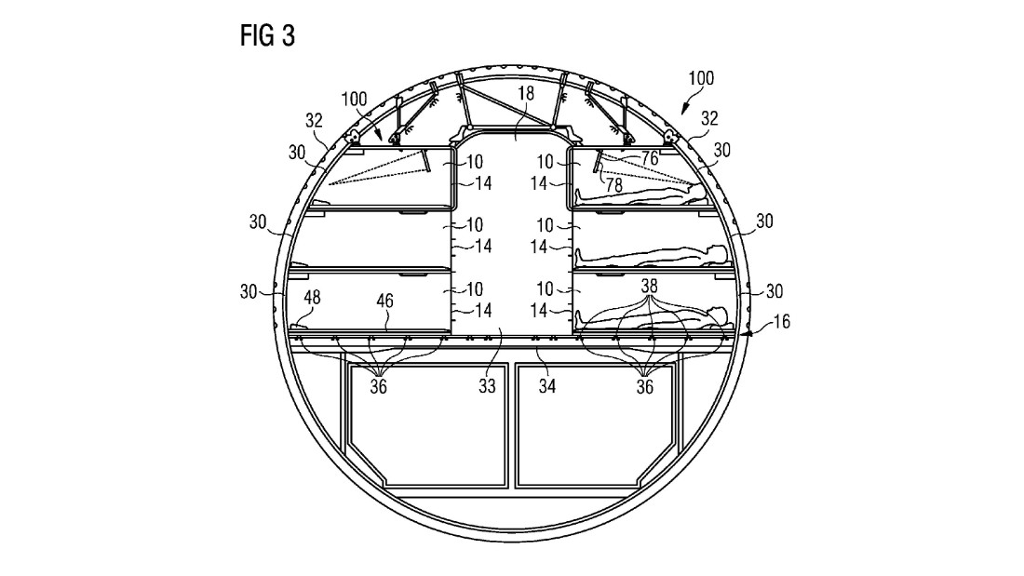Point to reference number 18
526,93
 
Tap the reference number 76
649,159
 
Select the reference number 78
613,185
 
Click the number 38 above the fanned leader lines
649,286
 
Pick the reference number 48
312,298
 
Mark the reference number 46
385,301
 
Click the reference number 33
487,386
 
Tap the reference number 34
547,386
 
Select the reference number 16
781,321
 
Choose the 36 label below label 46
379,386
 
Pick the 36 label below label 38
644,386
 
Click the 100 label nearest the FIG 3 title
354,100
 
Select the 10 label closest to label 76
545,161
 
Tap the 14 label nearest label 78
538,183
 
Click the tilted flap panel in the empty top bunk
426,161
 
